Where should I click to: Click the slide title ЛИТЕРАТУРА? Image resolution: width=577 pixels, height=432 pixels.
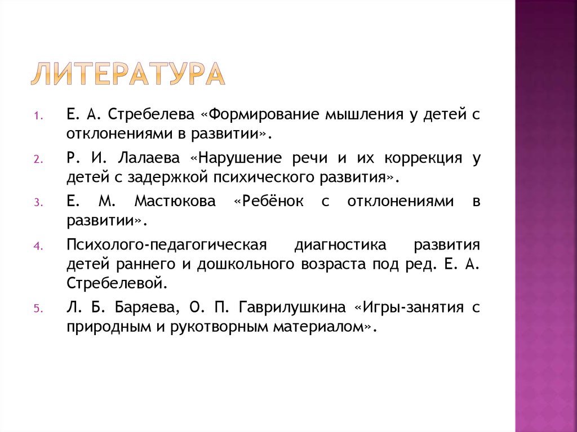point(127,74)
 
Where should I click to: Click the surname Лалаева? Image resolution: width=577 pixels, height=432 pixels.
point(148,158)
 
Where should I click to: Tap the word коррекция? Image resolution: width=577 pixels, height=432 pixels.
point(413,158)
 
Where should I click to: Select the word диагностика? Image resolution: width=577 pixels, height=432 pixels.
point(340,245)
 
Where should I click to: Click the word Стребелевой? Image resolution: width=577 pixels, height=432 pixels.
point(117,282)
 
